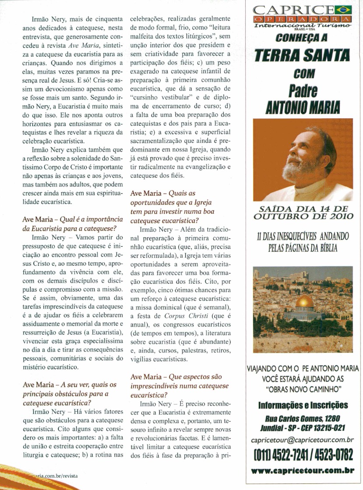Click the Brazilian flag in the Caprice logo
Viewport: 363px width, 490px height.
point(344,9)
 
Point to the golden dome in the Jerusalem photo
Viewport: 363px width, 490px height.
point(304,302)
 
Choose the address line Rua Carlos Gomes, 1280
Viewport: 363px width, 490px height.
point(303,418)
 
